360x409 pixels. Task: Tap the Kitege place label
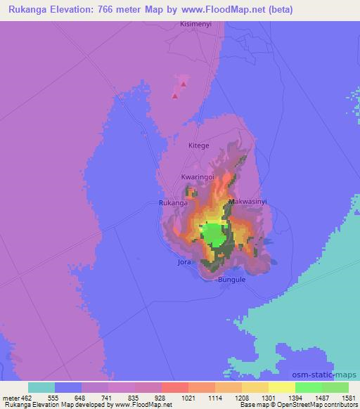pos(199,145)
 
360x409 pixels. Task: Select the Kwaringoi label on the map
pos(198,177)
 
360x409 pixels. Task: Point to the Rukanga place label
pos(173,203)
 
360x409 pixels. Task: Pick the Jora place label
pos(184,262)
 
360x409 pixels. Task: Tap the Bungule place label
pos(232,280)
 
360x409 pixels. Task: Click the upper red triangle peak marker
pos(184,84)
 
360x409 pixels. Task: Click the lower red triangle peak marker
pos(174,96)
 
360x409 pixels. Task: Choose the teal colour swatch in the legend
pos(41,387)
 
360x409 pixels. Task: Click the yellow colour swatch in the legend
pos(282,387)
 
